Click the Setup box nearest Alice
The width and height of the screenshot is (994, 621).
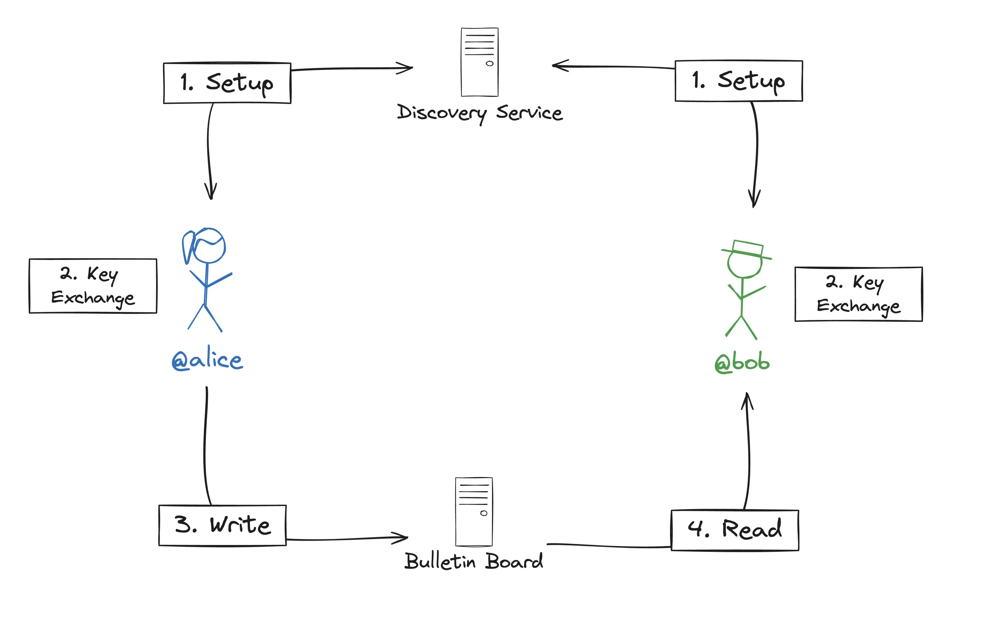(x=227, y=83)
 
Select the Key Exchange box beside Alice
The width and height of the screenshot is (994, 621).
(x=93, y=286)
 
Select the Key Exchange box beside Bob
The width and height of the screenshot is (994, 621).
(x=858, y=294)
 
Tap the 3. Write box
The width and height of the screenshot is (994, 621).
(x=223, y=525)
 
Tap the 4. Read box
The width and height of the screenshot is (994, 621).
(x=735, y=530)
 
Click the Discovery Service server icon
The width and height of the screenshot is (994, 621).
(x=479, y=62)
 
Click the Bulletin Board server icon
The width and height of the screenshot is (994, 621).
(x=474, y=511)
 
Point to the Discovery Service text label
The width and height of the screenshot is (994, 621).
(x=479, y=113)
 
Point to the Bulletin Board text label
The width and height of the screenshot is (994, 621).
(x=474, y=561)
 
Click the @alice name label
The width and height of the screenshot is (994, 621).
(x=207, y=359)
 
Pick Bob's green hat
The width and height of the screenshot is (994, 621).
(x=747, y=249)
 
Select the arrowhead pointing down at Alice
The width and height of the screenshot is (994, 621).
(x=211, y=192)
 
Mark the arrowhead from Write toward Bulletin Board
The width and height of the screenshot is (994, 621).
(x=400, y=538)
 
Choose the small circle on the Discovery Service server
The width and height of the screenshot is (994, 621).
(x=490, y=64)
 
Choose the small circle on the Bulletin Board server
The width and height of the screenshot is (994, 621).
(x=484, y=513)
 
